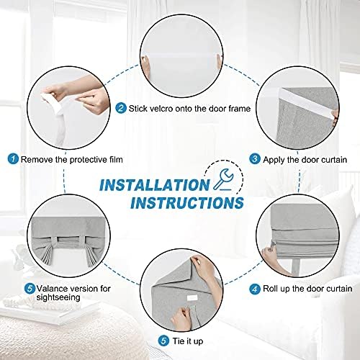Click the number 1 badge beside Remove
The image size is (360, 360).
[x=13, y=159]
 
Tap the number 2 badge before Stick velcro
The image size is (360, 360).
[x=121, y=108]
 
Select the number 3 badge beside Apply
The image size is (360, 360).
[x=255, y=159]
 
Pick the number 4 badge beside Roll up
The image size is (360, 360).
[x=255, y=289]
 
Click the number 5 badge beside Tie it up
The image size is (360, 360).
[x=163, y=341]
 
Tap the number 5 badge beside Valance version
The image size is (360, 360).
[x=30, y=288]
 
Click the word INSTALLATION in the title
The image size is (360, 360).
[x=155, y=185]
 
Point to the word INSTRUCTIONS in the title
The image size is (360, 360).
[x=187, y=203]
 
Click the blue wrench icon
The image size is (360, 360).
[x=223, y=179]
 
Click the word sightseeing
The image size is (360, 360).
[x=58, y=297]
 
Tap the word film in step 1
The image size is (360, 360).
[x=116, y=159]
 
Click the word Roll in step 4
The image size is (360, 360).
[x=271, y=289]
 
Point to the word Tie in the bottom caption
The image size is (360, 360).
[x=179, y=341]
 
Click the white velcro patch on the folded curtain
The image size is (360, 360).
[x=192, y=298]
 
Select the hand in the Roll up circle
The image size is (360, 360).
[x=274, y=259]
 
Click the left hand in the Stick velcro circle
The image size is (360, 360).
[x=145, y=66]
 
